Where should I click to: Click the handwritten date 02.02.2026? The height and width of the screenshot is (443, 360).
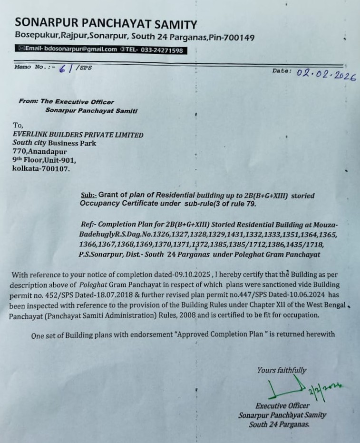click(x=326, y=74)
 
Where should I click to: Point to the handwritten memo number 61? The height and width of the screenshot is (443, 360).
click(x=68, y=68)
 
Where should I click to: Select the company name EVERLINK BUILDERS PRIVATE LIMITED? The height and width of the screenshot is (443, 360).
click(x=78, y=135)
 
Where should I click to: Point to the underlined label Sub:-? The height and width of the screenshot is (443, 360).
click(x=88, y=196)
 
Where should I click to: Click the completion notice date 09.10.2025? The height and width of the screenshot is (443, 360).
click(x=191, y=275)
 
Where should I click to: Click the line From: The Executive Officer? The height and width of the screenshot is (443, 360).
click(x=66, y=101)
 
